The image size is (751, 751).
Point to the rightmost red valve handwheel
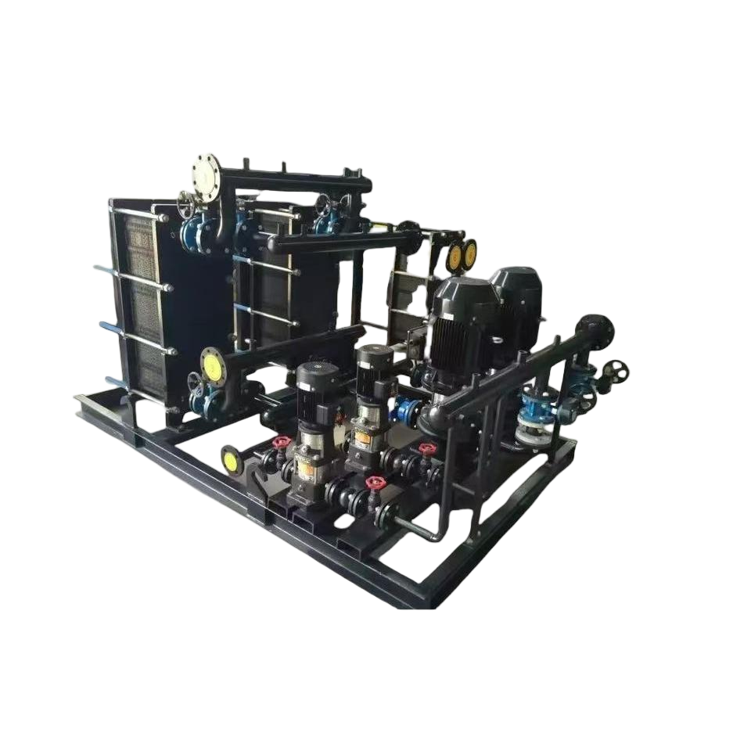click(426, 450)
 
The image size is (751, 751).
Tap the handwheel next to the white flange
click(186, 205)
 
